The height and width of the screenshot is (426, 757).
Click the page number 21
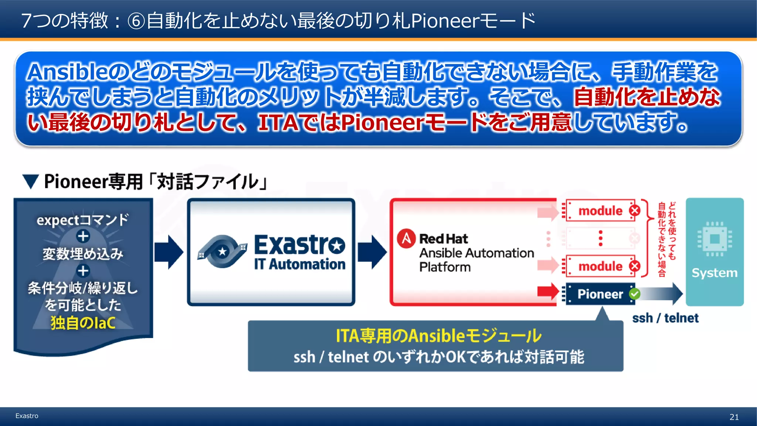click(734, 417)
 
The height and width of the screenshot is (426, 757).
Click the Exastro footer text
click(27, 416)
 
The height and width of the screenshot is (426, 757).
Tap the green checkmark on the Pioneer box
click(635, 294)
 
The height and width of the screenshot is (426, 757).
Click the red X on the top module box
click(635, 210)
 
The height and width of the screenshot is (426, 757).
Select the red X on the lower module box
click(635, 266)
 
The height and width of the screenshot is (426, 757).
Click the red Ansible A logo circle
click(406, 239)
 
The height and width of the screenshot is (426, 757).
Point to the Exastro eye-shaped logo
click(222, 251)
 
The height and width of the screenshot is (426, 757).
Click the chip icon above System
click(714, 239)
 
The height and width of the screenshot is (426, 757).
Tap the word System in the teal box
click(714, 273)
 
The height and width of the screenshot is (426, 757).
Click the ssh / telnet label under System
click(665, 318)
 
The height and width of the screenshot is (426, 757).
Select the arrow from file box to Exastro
click(169, 252)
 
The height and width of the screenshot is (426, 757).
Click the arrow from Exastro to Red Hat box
click(372, 252)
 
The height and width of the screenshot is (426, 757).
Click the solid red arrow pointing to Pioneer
click(548, 291)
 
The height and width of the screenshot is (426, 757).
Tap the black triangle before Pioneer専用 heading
click(30, 182)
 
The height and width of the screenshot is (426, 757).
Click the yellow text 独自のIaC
click(83, 323)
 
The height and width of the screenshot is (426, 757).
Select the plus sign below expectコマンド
click(83, 236)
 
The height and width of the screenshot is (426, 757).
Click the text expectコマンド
click(83, 220)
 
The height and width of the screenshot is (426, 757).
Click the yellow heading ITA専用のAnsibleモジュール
click(438, 336)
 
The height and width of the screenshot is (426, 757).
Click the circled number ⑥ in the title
click(136, 21)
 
